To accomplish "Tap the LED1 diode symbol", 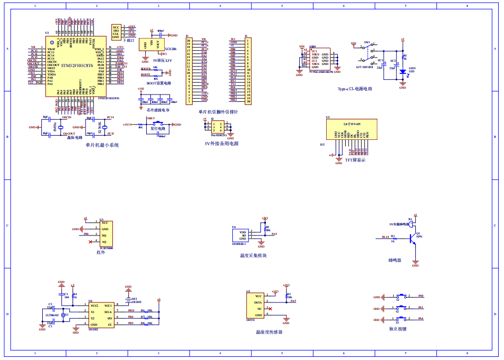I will coord(403,71).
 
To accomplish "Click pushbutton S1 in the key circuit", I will coord(403,297).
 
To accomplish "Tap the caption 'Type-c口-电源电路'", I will coord(355,89).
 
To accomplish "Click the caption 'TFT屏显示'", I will coord(355,159).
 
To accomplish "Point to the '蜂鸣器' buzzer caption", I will coord(395,260).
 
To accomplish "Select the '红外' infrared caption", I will coord(101,252).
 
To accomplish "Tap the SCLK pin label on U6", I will coord(108,312).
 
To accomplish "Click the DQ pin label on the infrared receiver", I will coord(104,235).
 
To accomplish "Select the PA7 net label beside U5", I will coord(293,301).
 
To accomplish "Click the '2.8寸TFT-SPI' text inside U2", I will coord(351,124).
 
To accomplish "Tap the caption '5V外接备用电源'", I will coord(221,143).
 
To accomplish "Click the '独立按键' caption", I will coord(398,329).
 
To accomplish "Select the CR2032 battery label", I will coord(137,302).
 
